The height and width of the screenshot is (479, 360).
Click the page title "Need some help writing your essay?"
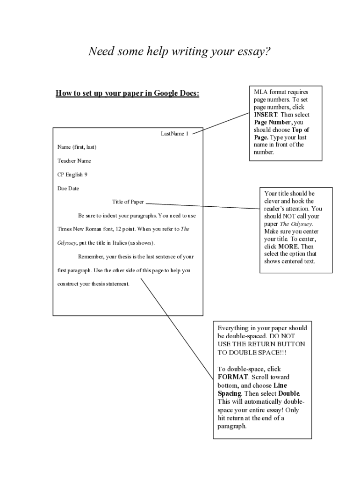[180, 51]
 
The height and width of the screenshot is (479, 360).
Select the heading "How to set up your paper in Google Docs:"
[127, 93]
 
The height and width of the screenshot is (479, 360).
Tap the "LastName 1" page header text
[174, 134]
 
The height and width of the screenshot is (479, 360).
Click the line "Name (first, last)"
[77, 147]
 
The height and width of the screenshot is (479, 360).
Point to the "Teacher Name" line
[74, 161]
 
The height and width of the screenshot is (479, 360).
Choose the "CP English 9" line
[72, 174]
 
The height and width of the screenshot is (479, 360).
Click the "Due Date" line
[68, 189]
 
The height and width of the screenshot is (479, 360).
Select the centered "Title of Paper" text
[128, 202]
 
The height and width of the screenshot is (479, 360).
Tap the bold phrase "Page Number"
[272, 122]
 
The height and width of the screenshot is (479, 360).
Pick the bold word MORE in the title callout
[288, 247]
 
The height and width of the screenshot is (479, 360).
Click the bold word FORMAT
[233, 377]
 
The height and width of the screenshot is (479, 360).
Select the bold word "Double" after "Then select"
[289, 394]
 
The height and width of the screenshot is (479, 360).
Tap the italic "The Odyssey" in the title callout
[296, 224]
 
